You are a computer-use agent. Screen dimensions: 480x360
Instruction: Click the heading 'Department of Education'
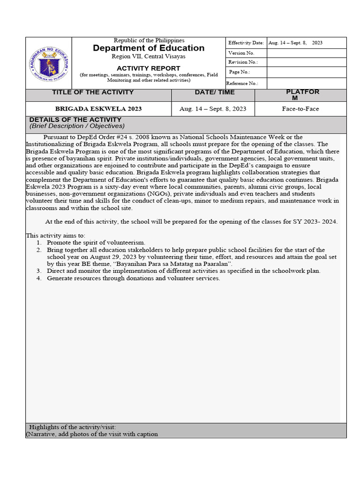point(149,48)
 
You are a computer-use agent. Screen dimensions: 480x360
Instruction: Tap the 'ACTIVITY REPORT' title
point(149,68)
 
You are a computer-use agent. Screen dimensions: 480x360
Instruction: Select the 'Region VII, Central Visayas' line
point(149,57)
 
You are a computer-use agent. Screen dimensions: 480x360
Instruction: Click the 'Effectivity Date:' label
point(246,43)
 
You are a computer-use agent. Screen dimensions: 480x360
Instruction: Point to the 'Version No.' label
point(241,53)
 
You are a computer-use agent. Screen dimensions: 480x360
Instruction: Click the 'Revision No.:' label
point(243,62)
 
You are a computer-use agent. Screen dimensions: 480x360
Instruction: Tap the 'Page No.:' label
point(240,72)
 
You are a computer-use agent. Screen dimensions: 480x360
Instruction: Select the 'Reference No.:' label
point(242,83)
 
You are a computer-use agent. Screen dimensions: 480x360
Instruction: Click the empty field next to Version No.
point(306,53)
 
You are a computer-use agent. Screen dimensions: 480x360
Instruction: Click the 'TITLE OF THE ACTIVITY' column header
point(93,92)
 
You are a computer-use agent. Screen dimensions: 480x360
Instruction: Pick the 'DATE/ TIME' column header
point(213,92)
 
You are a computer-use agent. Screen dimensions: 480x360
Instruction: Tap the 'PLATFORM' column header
point(302,95)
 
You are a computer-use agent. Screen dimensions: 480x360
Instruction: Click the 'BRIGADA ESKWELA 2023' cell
point(98,109)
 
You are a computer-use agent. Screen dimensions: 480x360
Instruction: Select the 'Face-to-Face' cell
point(300,109)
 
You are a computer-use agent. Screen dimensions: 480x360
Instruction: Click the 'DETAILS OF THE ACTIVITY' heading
point(75,120)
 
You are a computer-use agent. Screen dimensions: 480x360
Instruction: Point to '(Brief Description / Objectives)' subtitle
point(77,126)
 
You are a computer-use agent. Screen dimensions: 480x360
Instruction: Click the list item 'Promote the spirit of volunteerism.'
point(96,243)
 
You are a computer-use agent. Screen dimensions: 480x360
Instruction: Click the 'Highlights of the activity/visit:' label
point(73,427)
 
